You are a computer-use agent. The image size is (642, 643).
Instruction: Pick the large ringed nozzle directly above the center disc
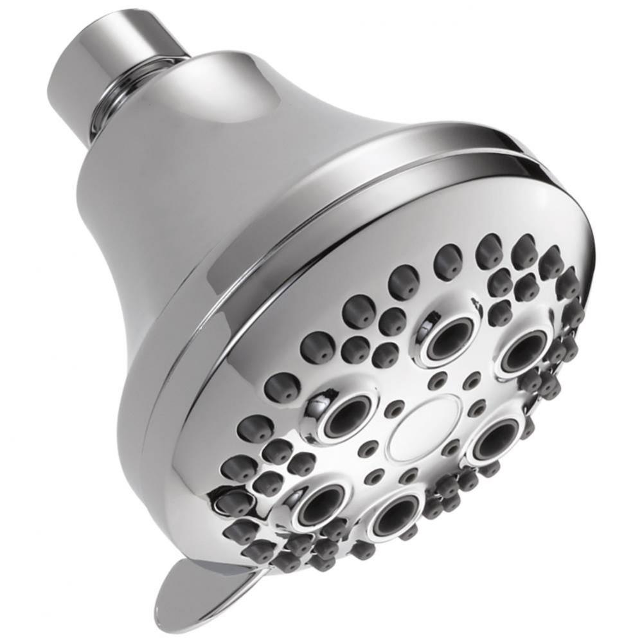pyautogui.click(x=449, y=338)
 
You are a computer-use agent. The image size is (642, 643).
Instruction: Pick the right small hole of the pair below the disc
pyautogui.click(x=409, y=476)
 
